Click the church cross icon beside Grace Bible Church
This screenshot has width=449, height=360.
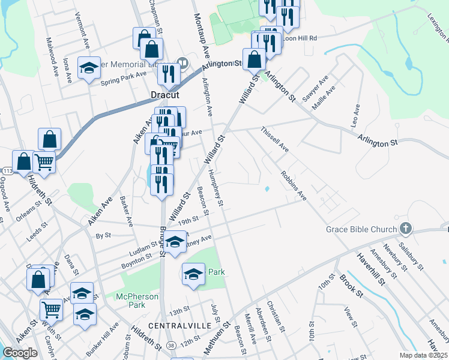point(406,229)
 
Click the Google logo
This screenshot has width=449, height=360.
point(20,353)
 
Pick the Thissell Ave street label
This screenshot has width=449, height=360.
point(274,139)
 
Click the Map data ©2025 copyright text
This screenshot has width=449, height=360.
point(423,355)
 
